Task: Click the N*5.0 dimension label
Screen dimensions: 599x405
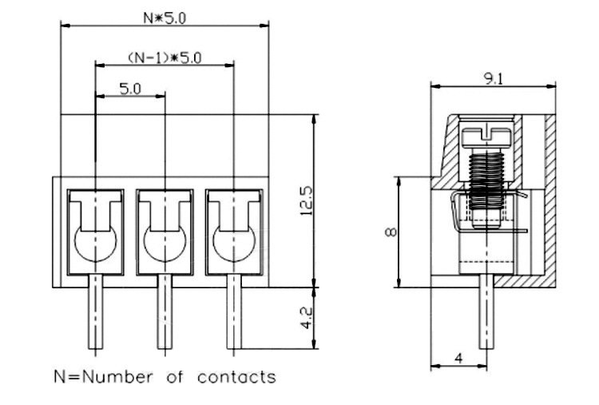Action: coord(165,18)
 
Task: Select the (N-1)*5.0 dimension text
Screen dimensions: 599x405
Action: coord(165,58)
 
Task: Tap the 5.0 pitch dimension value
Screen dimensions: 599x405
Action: coord(130,89)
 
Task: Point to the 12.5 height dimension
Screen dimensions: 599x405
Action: coord(307,201)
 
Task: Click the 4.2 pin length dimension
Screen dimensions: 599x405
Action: coord(307,318)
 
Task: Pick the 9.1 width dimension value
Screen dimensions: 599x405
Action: coord(494,79)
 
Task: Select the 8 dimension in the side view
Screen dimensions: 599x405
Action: coord(391,232)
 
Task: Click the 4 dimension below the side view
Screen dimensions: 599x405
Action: coord(458,359)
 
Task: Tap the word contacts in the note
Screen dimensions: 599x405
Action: coord(236,377)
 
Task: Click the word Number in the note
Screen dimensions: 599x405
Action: coord(117,377)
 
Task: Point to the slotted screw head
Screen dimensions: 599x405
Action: coord(486,137)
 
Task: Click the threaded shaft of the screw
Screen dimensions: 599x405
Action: coord(486,181)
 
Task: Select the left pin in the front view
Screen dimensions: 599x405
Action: coord(96,312)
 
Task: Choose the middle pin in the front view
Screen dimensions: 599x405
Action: coord(165,312)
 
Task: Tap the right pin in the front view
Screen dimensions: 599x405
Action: coord(234,312)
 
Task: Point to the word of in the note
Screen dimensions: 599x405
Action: coord(175,377)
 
